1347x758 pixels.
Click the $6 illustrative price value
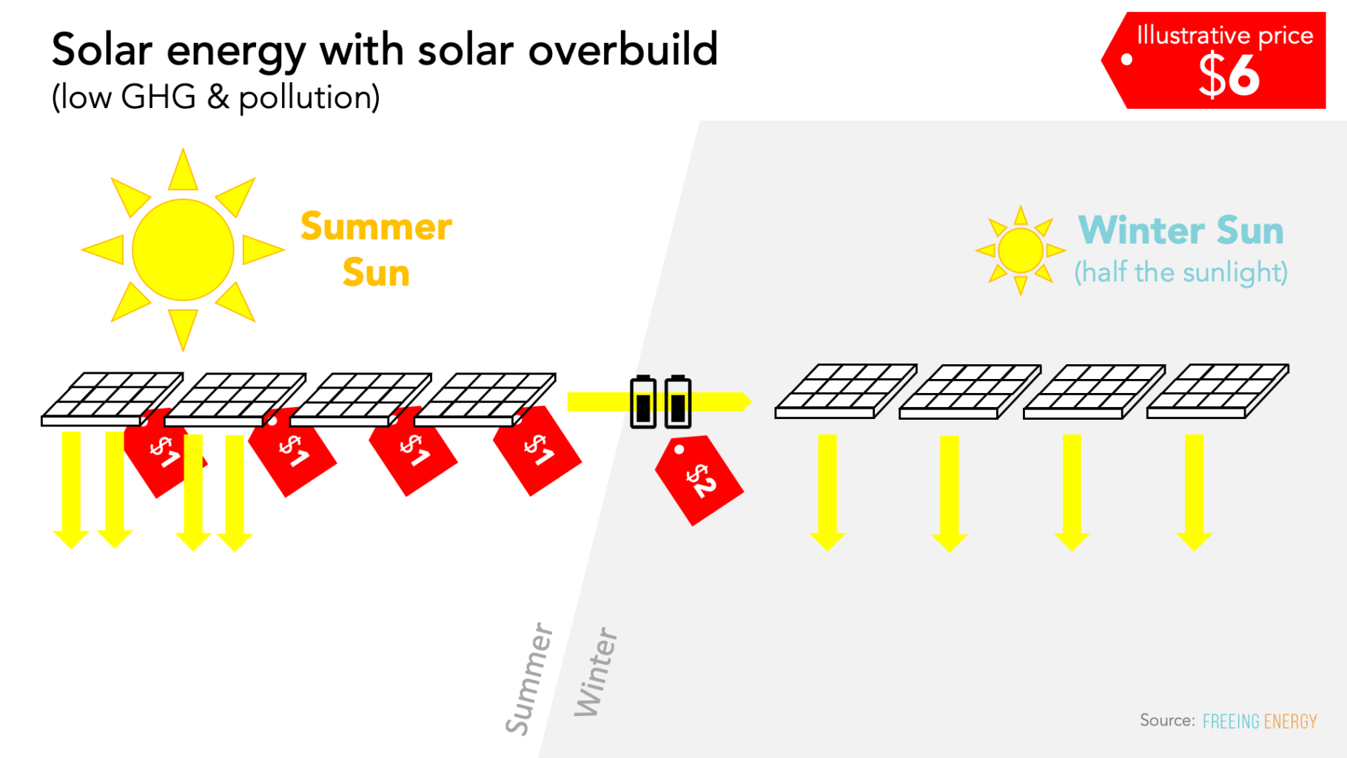click(x=1228, y=76)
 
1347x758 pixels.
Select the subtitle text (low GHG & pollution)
click(x=215, y=97)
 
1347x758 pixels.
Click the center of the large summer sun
click(x=183, y=249)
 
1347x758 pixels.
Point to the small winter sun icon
click(x=1021, y=250)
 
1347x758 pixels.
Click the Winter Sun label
click(x=1180, y=230)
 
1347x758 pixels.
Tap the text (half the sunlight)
click(x=1180, y=272)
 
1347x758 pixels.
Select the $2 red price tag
click(x=699, y=480)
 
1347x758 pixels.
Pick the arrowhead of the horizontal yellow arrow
click(x=745, y=401)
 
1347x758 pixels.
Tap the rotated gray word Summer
click(x=529, y=679)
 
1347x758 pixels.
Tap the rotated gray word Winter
click(x=596, y=672)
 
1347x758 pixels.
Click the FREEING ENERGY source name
click(x=1260, y=721)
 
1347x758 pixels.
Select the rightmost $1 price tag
click(x=539, y=450)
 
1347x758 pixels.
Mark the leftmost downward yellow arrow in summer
click(x=71, y=489)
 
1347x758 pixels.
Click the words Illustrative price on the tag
click(x=1225, y=36)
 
